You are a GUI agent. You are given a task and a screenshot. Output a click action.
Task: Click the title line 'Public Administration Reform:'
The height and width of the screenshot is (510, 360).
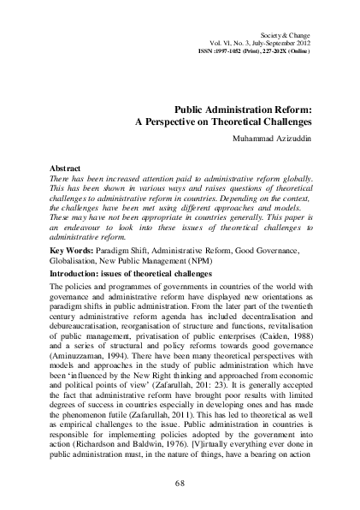pyautogui.click(x=242, y=111)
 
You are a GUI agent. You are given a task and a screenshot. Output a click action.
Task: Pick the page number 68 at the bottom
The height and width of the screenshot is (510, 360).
pyautogui.click(x=180, y=484)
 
